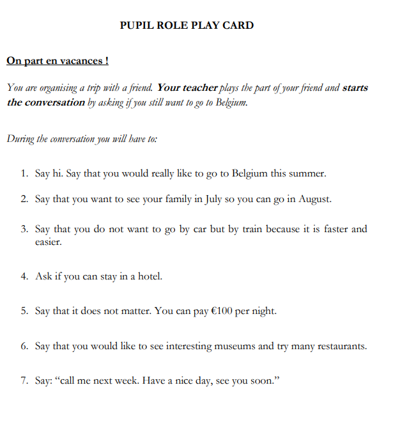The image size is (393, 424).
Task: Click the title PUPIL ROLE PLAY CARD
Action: click(x=187, y=26)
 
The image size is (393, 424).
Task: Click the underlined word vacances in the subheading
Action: click(x=82, y=61)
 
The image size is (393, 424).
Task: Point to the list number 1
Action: click(x=23, y=173)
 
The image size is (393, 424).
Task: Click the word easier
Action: click(x=49, y=242)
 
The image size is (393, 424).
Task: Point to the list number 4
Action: click(x=23, y=276)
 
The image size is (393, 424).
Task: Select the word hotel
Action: click(x=146, y=276)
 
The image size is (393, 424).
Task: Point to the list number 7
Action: click(x=23, y=381)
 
